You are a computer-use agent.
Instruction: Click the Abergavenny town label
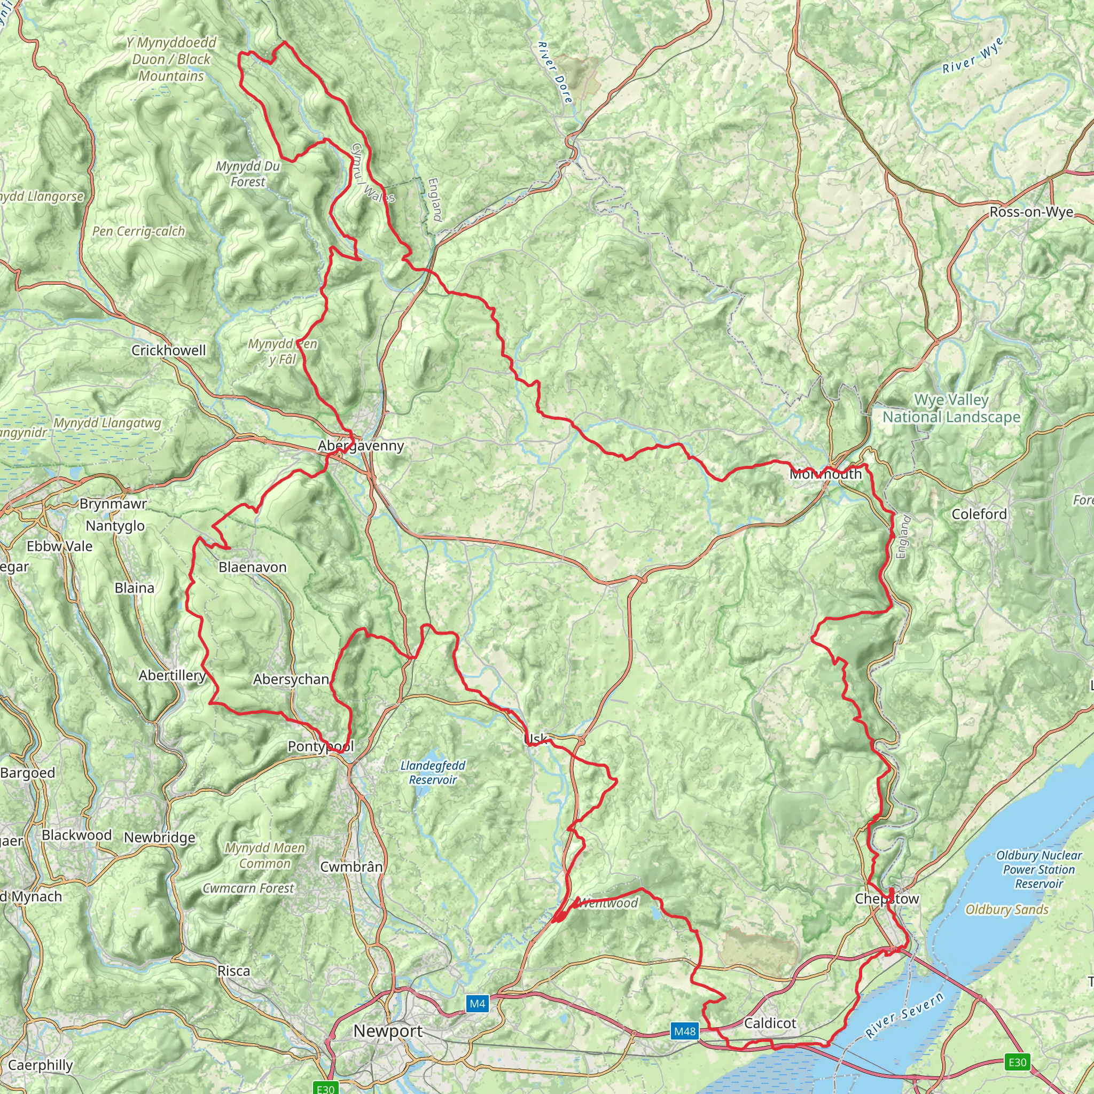[x=361, y=446]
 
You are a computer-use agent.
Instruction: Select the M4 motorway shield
[x=477, y=1004]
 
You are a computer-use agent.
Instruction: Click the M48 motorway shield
[x=684, y=1031]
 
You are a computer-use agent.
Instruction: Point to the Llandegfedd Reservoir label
[x=433, y=772]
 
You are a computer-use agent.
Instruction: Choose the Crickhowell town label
[x=169, y=350]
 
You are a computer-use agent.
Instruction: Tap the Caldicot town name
[x=770, y=1023]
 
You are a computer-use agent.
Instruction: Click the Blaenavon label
[x=253, y=567]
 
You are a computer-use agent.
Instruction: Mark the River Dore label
[x=556, y=72]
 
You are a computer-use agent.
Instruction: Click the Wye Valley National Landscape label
[x=951, y=408]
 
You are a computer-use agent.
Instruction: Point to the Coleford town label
[x=979, y=514]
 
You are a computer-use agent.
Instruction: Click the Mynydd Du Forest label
[x=248, y=174]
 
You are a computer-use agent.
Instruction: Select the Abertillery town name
[x=172, y=676]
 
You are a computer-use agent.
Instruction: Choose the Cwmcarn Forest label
[x=248, y=888]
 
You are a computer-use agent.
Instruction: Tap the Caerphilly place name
[x=40, y=1065]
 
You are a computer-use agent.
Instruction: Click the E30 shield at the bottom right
[x=1017, y=1062]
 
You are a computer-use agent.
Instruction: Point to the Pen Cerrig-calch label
[x=139, y=231]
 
